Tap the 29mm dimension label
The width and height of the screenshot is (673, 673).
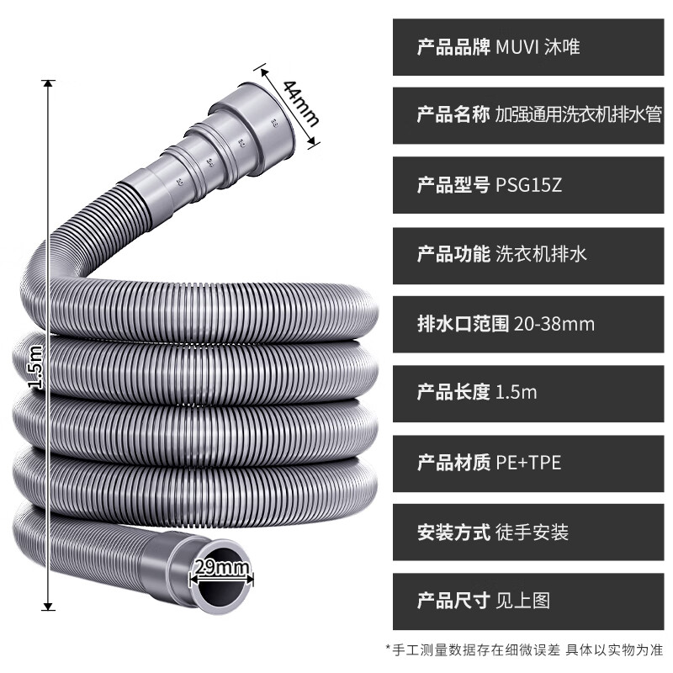[221, 568]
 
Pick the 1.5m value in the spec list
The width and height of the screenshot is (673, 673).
[516, 392]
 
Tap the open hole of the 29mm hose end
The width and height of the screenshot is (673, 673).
[220, 589]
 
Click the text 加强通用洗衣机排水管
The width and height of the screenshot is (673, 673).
[578, 115]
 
